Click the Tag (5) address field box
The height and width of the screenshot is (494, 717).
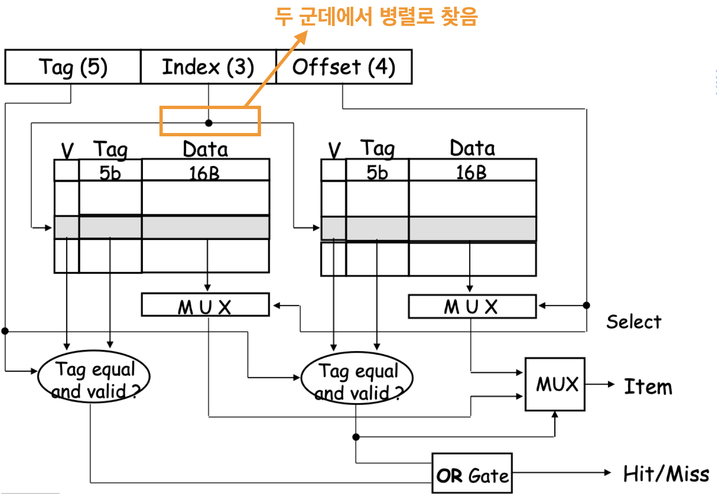(73, 67)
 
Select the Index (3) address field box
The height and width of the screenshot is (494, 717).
(208, 67)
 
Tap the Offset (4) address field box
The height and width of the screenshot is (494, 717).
(344, 67)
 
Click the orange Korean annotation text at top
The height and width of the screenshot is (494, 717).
(376, 17)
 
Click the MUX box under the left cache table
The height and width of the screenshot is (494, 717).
(205, 305)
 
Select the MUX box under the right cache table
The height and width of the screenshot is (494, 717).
(472, 306)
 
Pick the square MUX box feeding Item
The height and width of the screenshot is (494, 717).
(555, 384)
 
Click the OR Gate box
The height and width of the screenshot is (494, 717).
(472, 473)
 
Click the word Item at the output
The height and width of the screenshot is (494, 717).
(648, 387)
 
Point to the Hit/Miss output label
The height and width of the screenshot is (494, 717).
(666, 474)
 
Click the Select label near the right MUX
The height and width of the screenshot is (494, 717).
(634, 322)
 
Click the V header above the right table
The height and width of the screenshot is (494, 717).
(335, 150)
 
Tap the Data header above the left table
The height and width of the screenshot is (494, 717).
(205, 149)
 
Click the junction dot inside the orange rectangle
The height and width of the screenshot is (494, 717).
(209, 123)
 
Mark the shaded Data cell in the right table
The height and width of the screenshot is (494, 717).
(472, 229)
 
